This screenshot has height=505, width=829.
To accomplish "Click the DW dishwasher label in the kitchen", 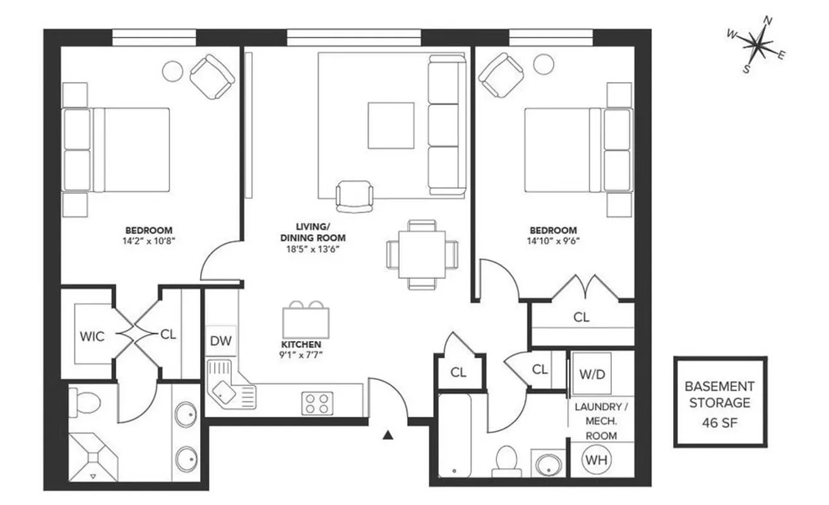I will [221, 342].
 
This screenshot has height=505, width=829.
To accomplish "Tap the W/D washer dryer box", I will [592, 374].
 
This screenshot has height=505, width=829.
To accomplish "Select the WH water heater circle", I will [595, 460].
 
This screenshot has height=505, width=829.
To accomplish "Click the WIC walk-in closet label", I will [92, 336].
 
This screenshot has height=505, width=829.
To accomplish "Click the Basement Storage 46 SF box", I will [720, 402].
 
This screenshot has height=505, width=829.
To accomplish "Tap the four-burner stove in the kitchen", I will [318, 403].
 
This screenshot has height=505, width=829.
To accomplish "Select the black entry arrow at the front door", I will [389, 434].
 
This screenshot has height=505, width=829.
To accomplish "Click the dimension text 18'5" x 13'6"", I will [313, 249].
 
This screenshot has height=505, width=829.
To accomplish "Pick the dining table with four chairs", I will [422, 254].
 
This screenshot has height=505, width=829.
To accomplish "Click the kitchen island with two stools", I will [306, 321].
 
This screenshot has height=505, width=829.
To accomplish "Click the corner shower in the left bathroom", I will [93, 456].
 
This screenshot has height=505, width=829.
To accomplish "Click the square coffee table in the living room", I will [391, 126].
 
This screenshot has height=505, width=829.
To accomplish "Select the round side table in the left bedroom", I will [172, 71].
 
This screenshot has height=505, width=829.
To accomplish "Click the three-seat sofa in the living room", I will [446, 124].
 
